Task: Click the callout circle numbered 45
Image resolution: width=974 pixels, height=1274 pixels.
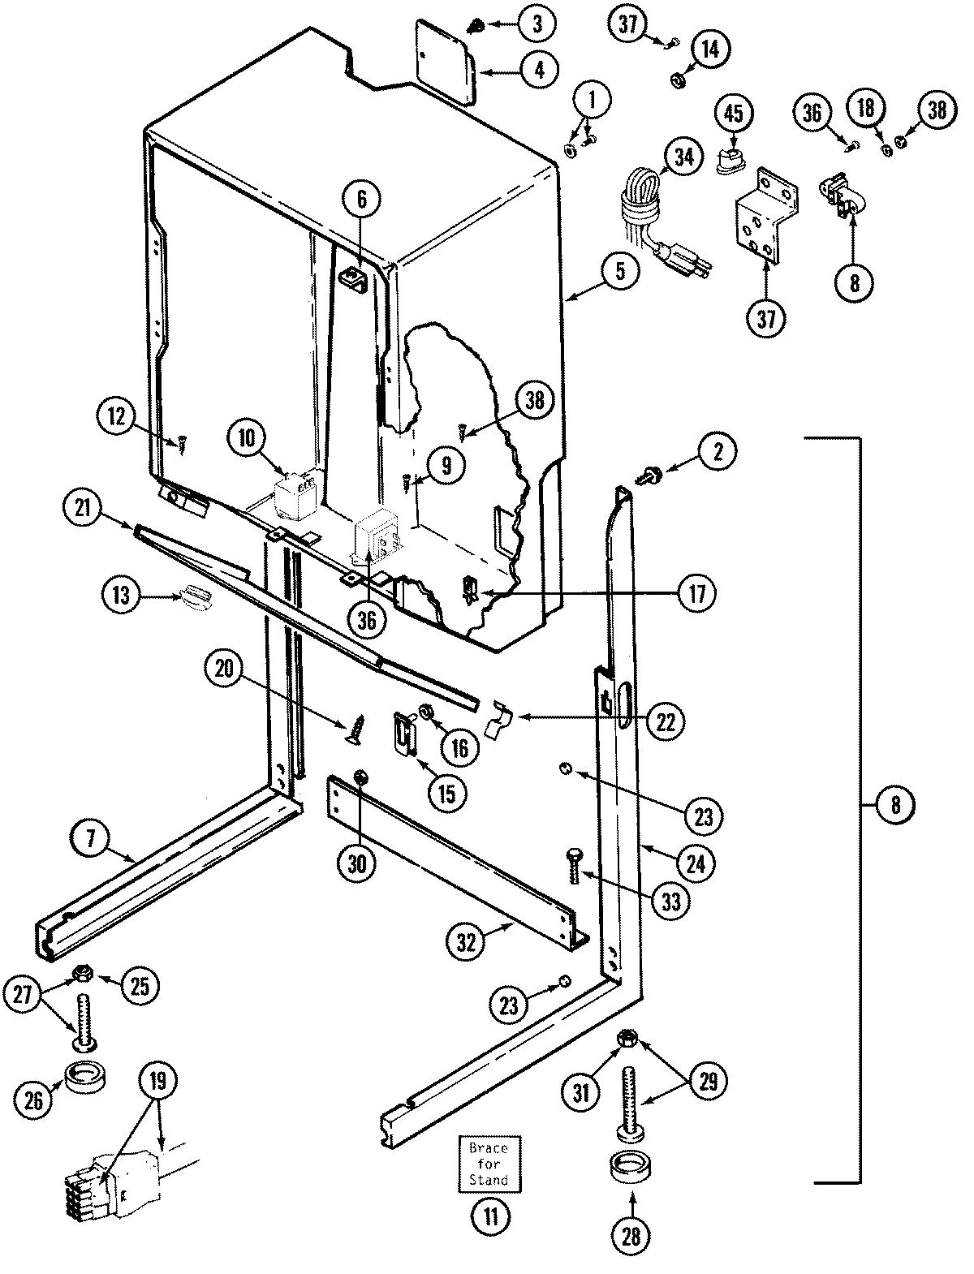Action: click(733, 114)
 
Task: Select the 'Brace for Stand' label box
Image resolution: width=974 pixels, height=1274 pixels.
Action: click(489, 1165)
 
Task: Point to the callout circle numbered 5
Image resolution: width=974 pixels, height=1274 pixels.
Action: click(620, 272)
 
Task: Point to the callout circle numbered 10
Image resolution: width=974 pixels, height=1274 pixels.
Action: click(246, 439)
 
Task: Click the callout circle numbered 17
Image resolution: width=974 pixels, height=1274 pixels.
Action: click(700, 592)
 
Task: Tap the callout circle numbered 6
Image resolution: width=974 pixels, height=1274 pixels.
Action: click(362, 196)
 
